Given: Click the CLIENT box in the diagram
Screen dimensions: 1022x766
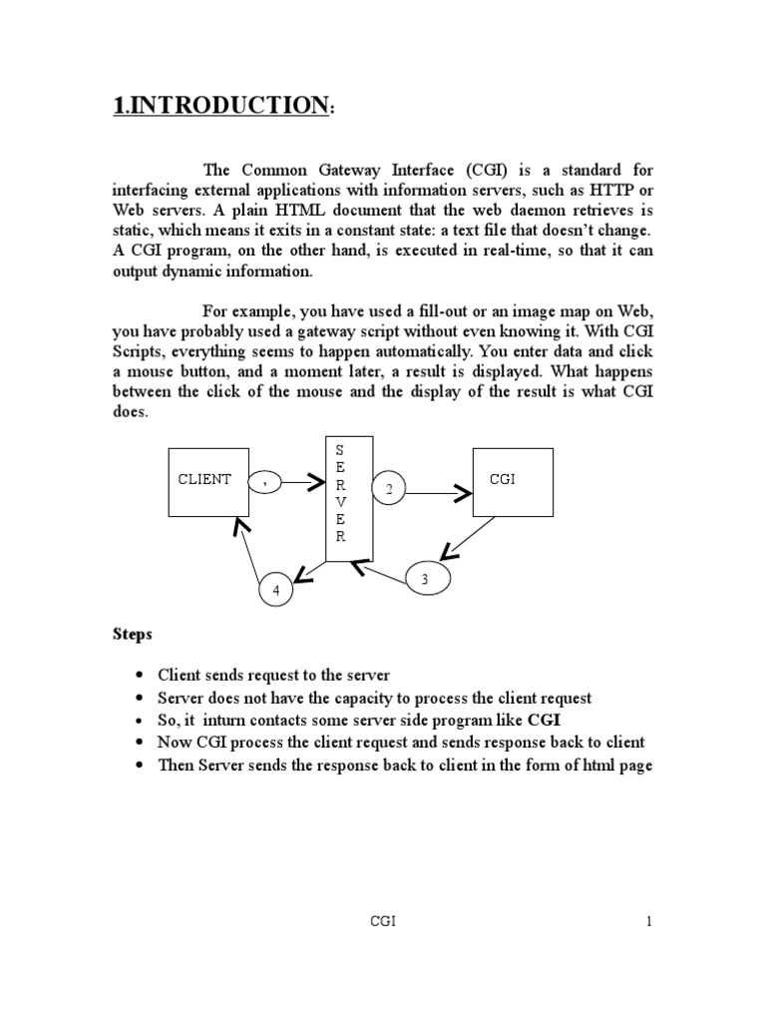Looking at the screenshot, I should (x=207, y=482).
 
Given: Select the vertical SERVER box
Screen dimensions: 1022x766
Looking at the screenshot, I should (x=349, y=498).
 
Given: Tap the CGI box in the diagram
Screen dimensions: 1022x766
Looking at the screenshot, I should (x=512, y=481).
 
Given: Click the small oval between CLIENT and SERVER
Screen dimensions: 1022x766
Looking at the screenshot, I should (x=265, y=482).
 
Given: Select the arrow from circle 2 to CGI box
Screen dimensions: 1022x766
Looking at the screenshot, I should (x=439, y=491).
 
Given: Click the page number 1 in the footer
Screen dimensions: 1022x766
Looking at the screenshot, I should (x=648, y=921).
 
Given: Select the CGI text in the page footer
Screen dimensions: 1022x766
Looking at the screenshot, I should (x=384, y=921).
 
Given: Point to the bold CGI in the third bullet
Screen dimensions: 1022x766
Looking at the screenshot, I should (x=545, y=720).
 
